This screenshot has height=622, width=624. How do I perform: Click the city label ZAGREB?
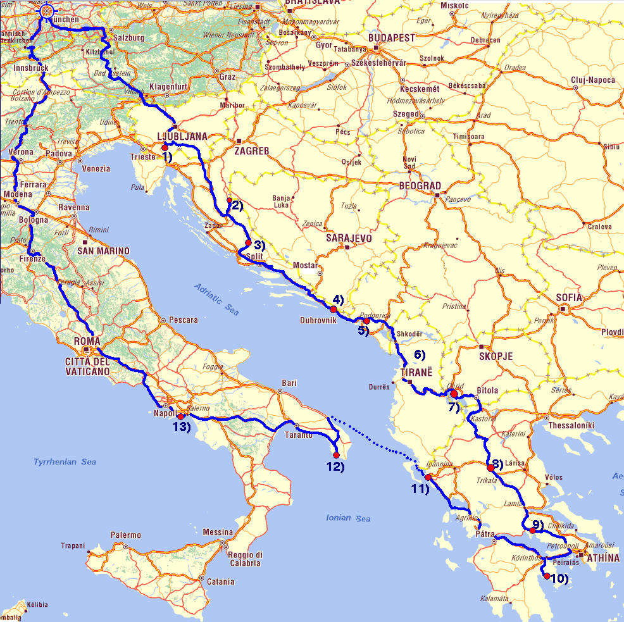coord(252,151)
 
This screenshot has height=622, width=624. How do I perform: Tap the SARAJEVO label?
coord(349,239)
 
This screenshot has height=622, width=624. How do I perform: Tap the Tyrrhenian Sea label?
coord(65,463)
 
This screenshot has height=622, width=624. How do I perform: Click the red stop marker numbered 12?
coord(336,455)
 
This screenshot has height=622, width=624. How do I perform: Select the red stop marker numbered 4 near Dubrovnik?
coord(334,309)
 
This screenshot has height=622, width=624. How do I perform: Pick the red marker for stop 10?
coord(547,576)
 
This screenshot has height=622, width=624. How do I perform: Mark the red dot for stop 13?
coord(180,417)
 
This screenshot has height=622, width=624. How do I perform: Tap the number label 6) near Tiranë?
coord(420,354)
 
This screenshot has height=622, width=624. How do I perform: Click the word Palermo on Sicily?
coord(126,535)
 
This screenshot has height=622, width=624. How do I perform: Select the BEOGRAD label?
coord(420,185)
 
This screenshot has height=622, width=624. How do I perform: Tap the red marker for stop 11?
coord(428,477)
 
